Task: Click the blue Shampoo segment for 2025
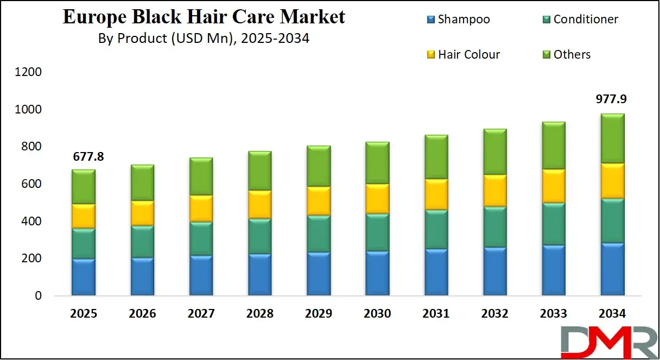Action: click(84, 277)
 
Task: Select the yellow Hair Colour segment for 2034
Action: click(612, 181)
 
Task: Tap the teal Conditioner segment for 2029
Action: click(319, 233)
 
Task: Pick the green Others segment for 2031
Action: click(436, 157)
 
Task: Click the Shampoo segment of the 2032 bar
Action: click(494, 271)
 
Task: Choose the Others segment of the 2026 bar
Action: click(142, 183)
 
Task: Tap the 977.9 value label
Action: click(612, 100)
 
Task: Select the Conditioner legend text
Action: click(586, 20)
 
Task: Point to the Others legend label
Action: click(572, 54)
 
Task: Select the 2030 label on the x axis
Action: click(377, 314)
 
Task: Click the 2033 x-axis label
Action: click(553, 314)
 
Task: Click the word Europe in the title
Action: click(92, 17)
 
